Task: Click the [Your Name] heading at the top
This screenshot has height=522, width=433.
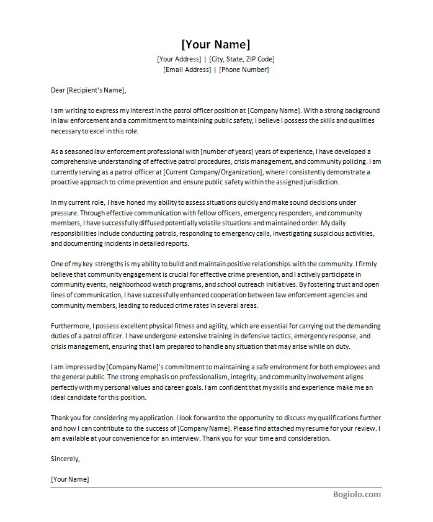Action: (x=216, y=44)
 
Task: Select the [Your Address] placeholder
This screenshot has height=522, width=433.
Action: (x=179, y=59)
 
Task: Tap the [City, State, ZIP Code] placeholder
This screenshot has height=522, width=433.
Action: (x=243, y=59)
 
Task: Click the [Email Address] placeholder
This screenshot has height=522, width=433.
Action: (x=187, y=70)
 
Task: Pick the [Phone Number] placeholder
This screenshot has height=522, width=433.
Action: (x=244, y=70)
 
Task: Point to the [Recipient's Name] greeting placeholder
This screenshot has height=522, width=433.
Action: (x=96, y=90)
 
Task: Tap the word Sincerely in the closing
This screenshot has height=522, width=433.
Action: (x=65, y=459)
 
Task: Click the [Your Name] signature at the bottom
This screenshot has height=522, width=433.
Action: (x=69, y=479)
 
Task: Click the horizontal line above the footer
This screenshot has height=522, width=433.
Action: (x=216, y=487)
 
